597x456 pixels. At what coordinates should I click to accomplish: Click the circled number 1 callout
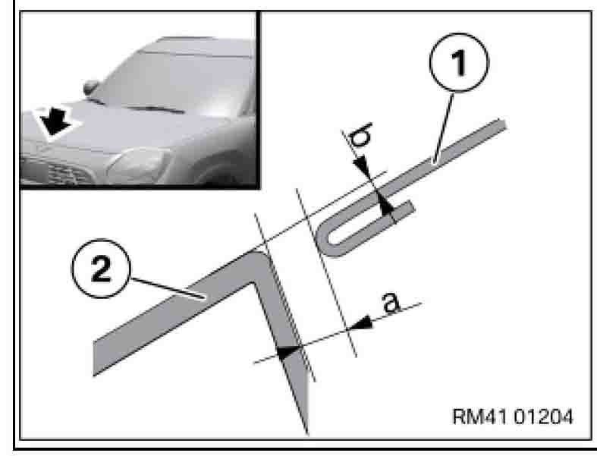click(459, 62)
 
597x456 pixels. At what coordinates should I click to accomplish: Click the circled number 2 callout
click(101, 269)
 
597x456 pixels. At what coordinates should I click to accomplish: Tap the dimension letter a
click(391, 303)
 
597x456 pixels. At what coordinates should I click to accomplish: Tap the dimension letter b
click(361, 135)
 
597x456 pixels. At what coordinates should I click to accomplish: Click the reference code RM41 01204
click(513, 417)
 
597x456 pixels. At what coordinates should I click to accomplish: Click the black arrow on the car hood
click(55, 121)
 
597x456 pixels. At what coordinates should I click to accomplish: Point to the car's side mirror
click(90, 87)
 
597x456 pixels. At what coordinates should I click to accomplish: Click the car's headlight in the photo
click(138, 165)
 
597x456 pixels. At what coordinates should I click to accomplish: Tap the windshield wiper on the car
click(156, 109)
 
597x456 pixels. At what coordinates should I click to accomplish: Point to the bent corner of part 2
click(256, 266)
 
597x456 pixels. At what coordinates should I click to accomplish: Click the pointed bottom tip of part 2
click(307, 433)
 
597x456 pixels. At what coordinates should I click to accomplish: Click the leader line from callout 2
click(168, 289)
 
